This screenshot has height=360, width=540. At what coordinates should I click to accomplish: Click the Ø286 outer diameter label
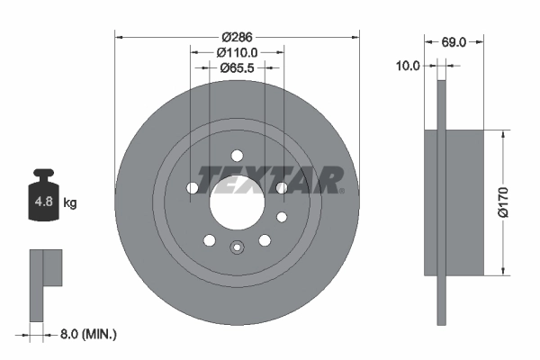238,37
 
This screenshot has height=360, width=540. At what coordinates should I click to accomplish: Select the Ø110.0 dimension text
238,53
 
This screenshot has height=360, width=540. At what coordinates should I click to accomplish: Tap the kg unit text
70,202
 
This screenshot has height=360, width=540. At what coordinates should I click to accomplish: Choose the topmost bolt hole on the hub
238,154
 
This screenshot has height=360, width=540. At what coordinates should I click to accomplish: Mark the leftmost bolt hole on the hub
193,187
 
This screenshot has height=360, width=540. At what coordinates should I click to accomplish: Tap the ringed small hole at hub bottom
238,250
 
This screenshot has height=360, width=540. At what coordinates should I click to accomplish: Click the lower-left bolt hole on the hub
210,239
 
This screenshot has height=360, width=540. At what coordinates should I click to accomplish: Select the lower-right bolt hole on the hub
265,239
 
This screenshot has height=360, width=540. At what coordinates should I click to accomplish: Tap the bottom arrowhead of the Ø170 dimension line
502,271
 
